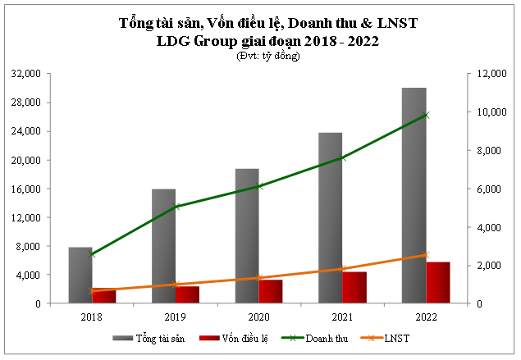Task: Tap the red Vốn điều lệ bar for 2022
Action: coord(437,283)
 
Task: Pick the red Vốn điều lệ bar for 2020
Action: coord(271,291)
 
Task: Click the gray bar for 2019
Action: coord(163,246)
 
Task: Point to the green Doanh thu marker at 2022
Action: coord(425,115)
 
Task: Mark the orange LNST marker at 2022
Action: coord(425,255)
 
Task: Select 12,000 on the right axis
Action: coord(484,74)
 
